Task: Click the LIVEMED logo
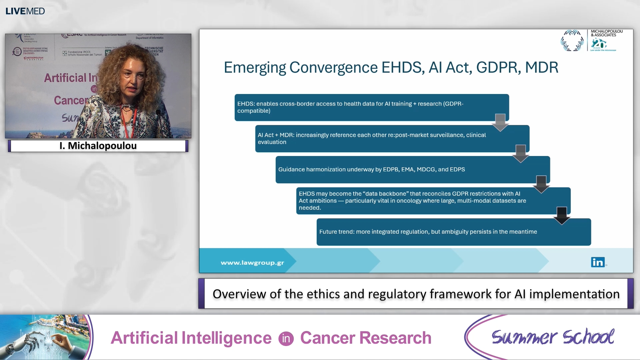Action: [25, 11]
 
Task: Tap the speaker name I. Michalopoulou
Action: [98, 146]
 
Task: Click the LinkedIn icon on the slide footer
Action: [598, 262]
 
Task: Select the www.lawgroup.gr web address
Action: [252, 263]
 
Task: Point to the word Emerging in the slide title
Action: [255, 68]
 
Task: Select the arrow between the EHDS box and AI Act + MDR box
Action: [500, 122]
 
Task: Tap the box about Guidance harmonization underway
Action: [412, 169]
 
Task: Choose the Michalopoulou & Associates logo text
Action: [606, 33]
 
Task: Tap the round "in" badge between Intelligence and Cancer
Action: [286, 339]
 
